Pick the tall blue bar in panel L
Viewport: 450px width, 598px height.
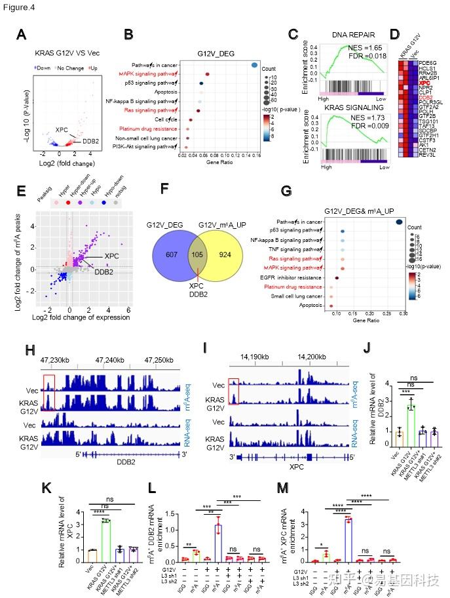217,540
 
